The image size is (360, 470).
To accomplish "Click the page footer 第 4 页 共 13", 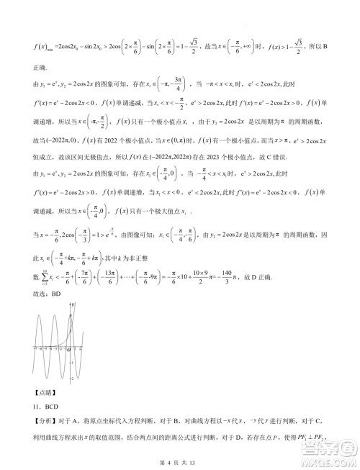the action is click(180, 461).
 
